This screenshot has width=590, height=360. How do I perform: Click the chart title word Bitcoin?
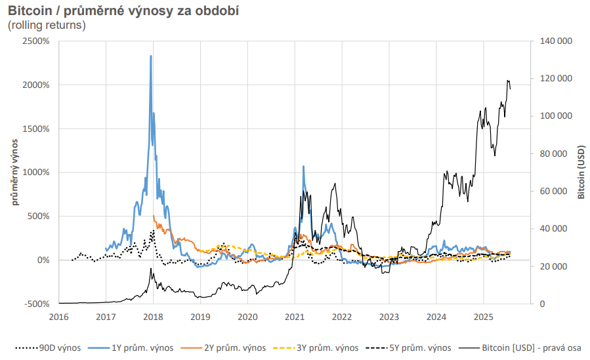point(30,11)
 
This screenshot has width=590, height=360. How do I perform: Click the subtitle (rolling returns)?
point(47,26)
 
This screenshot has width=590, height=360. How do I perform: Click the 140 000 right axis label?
point(555,41)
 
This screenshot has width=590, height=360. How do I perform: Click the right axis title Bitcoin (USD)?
point(581,172)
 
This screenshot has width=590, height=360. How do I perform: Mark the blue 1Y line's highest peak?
point(151,56)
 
